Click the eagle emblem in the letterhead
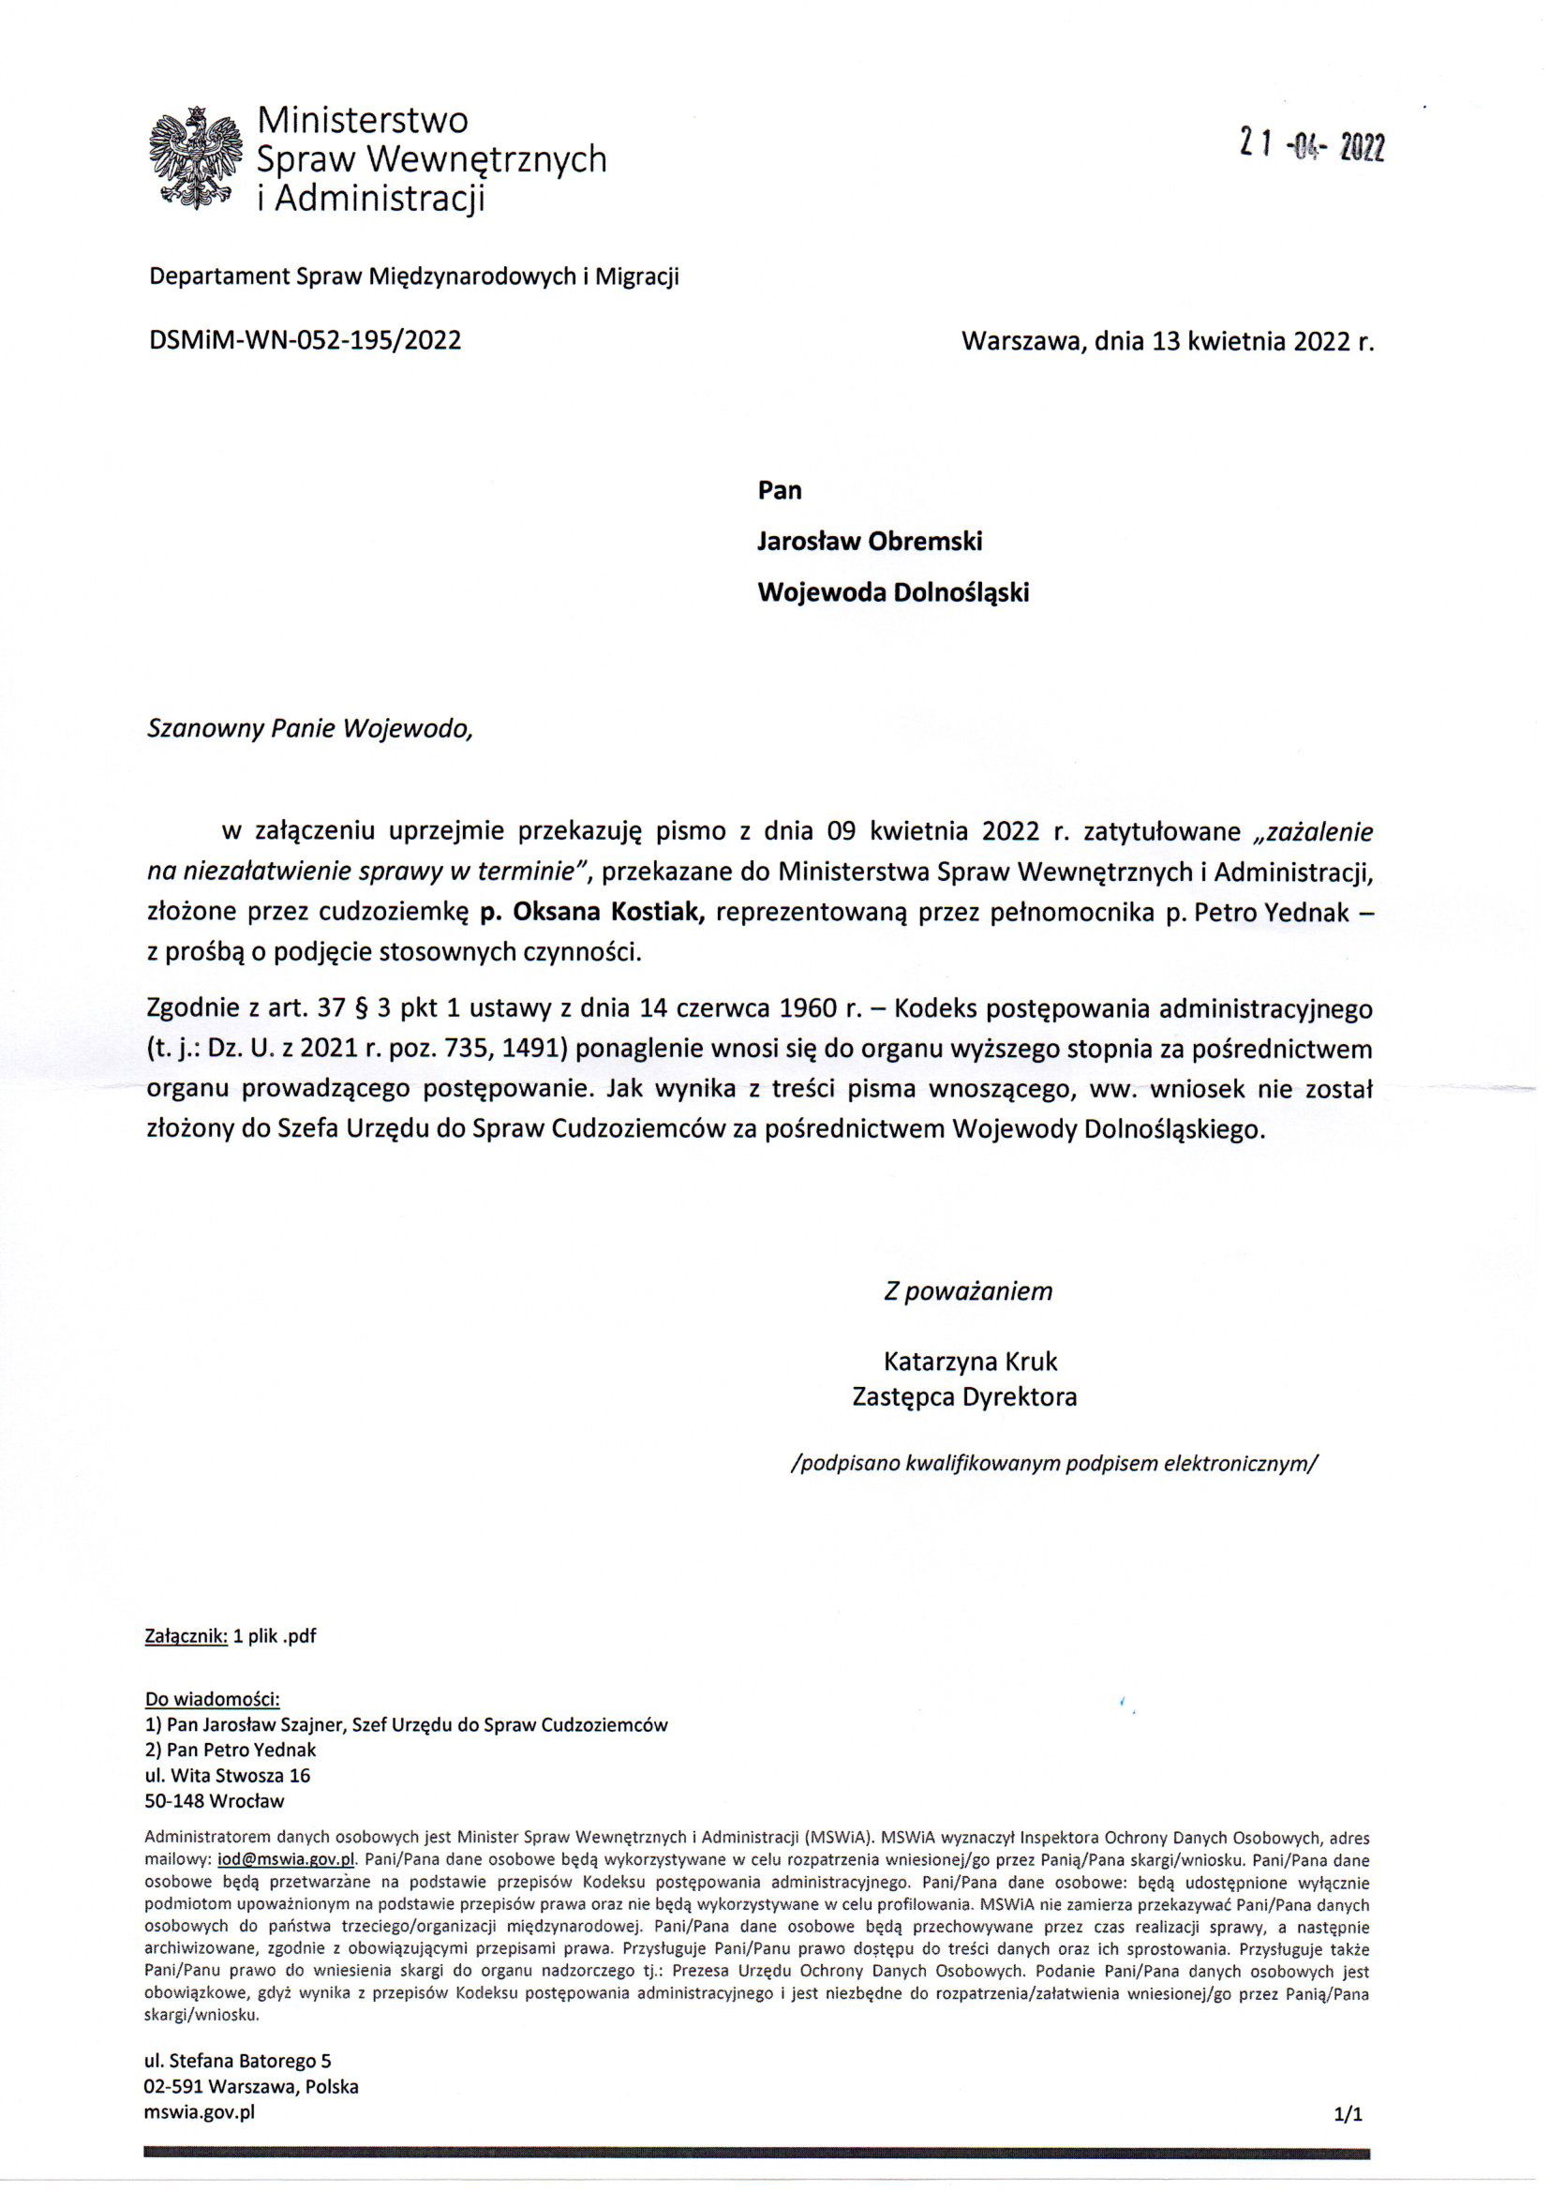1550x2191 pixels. tap(194, 158)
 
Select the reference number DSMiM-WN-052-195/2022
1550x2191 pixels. tap(306, 341)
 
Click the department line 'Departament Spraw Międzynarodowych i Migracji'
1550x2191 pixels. tap(414, 276)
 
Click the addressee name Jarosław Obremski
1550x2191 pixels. tap(870, 541)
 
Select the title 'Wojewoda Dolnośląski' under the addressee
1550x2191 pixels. tap(893, 592)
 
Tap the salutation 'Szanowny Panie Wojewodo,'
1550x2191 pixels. tap(309, 729)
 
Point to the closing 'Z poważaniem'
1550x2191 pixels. tap(968, 1291)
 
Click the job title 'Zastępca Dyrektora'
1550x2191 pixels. tap(964, 1397)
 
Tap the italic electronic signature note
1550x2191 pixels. tap(1053, 1463)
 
